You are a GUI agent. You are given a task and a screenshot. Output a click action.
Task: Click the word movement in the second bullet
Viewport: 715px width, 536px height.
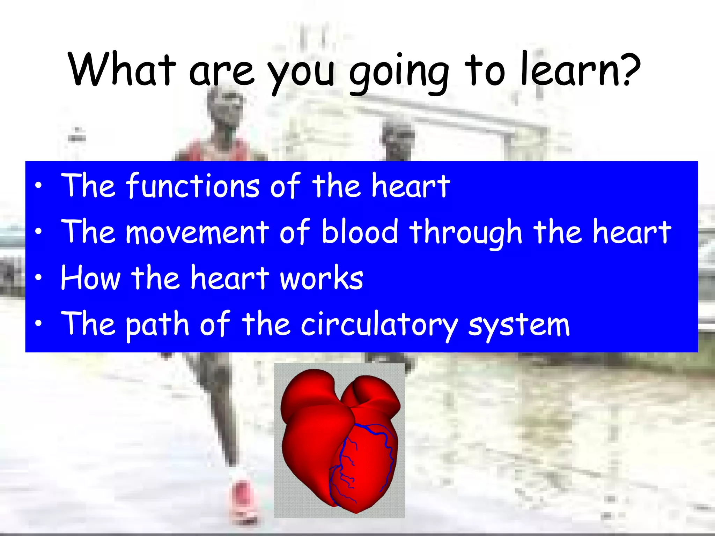(x=197, y=232)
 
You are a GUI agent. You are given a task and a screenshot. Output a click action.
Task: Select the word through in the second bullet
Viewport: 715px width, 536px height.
(x=466, y=232)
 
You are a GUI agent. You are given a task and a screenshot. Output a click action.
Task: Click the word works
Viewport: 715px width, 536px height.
(x=321, y=278)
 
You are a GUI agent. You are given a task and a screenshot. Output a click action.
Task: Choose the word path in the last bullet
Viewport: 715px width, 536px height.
(x=157, y=325)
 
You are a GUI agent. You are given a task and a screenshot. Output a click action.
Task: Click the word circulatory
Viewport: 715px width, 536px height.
(x=379, y=325)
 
